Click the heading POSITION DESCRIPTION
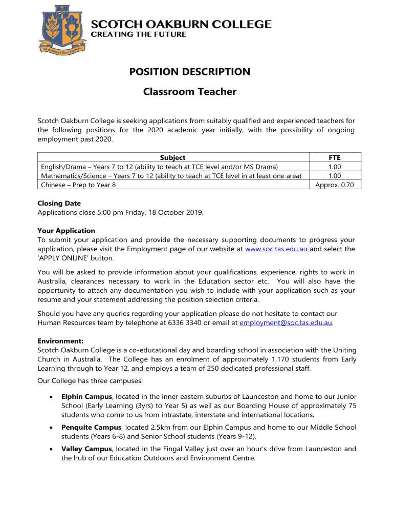click(190, 72)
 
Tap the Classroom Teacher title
click(190, 92)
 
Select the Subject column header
click(172, 158)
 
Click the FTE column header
click(335, 158)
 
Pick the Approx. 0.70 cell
click(335, 185)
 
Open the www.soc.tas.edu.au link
click(276, 249)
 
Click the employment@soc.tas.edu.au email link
click(287, 323)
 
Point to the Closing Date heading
click(59, 203)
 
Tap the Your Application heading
click(67, 231)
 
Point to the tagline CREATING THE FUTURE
click(139, 34)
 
